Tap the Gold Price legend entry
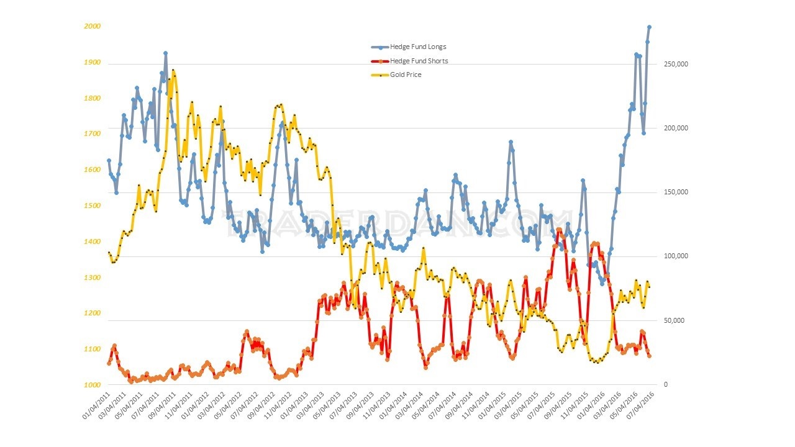coord(406,74)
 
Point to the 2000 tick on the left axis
coord(93,27)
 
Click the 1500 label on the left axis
coord(93,205)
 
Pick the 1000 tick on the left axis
coord(93,385)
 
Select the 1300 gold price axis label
coord(93,278)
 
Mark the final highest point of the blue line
coord(650,27)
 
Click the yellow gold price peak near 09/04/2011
coord(173,71)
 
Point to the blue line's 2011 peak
coord(166,53)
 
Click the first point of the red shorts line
coord(109,363)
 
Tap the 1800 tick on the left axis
coord(93,98)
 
